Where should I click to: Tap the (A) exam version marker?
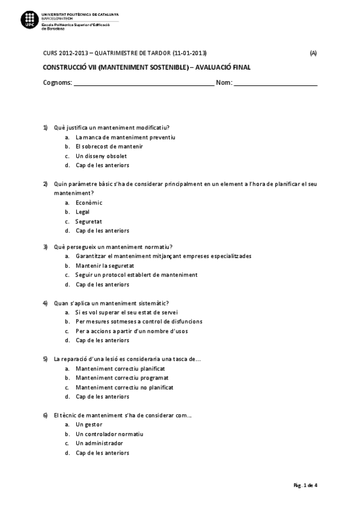tap(313, 53)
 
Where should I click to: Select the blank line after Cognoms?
tap(144, 84)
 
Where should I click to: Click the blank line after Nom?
tap(275, 84)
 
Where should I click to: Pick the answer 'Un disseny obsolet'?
tap(101, 156)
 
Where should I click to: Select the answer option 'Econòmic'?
tap(89, 203)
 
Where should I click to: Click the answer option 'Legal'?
tap(82, 212)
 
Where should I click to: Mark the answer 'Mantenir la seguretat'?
tap(105, 265)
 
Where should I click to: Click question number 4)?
tap(45, 303)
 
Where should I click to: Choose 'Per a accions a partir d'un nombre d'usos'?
tap(132, 331)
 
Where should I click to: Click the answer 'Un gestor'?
tap(89, 425)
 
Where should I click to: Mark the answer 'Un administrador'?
tap(99, 443)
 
